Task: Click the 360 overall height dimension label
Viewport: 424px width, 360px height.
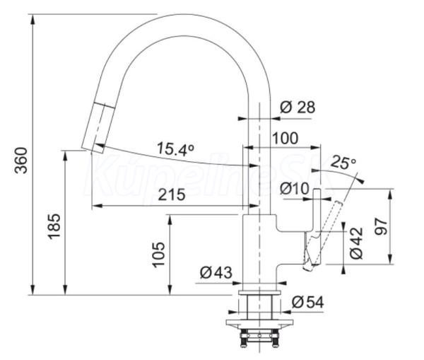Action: coord(20,161)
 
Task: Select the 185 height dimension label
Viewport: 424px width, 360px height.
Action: coord(54,226)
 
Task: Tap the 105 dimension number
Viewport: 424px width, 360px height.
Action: coord(158,255)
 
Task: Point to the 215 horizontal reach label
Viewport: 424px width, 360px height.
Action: coord(172,194)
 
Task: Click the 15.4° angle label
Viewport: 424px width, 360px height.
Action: coord(175,149)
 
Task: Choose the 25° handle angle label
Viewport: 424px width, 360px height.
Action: coord(343,162)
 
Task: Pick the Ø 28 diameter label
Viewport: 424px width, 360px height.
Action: coord(298,108)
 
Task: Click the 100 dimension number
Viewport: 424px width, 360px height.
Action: coord(285,139)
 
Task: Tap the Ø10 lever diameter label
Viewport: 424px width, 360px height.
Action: coord(294,188)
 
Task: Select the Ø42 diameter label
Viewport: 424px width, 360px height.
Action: coord(356,243)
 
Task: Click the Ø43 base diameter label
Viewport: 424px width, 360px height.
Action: coord(216,272)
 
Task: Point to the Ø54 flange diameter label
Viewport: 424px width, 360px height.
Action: coord(307,302)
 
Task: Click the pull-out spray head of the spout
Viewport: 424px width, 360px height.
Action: coord(98,128)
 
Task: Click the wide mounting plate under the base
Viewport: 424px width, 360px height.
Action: coord(259,323)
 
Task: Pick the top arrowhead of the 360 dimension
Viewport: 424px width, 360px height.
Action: coord(33,20)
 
